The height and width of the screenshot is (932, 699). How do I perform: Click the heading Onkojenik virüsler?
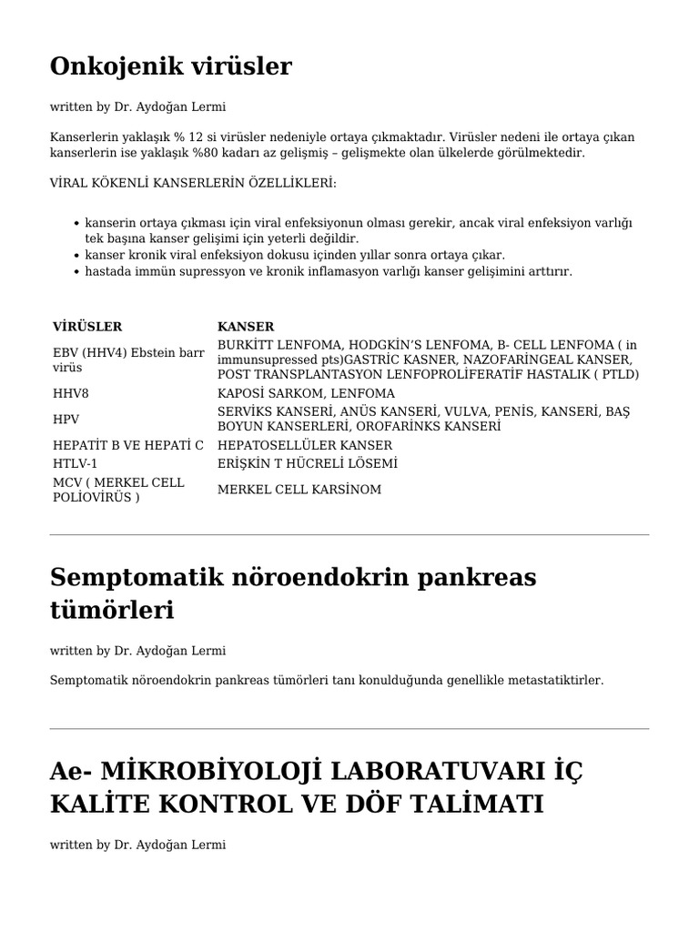pos(171,67)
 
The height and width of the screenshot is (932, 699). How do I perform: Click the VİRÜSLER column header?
pos(87,327)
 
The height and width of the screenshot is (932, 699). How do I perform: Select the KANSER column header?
pos(246,327)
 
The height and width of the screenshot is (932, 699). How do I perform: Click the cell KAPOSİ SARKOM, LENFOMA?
pos(306,393)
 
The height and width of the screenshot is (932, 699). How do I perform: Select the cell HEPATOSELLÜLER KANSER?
pos(305,445)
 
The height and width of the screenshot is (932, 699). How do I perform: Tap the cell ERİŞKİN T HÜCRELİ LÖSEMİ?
pos(308,463)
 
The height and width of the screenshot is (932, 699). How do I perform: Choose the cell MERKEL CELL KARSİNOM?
pos(299,490)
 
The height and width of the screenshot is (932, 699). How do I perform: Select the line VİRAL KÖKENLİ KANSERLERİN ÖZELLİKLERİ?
pos(193,183)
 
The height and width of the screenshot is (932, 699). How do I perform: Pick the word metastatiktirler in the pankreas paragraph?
pos(558,680)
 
